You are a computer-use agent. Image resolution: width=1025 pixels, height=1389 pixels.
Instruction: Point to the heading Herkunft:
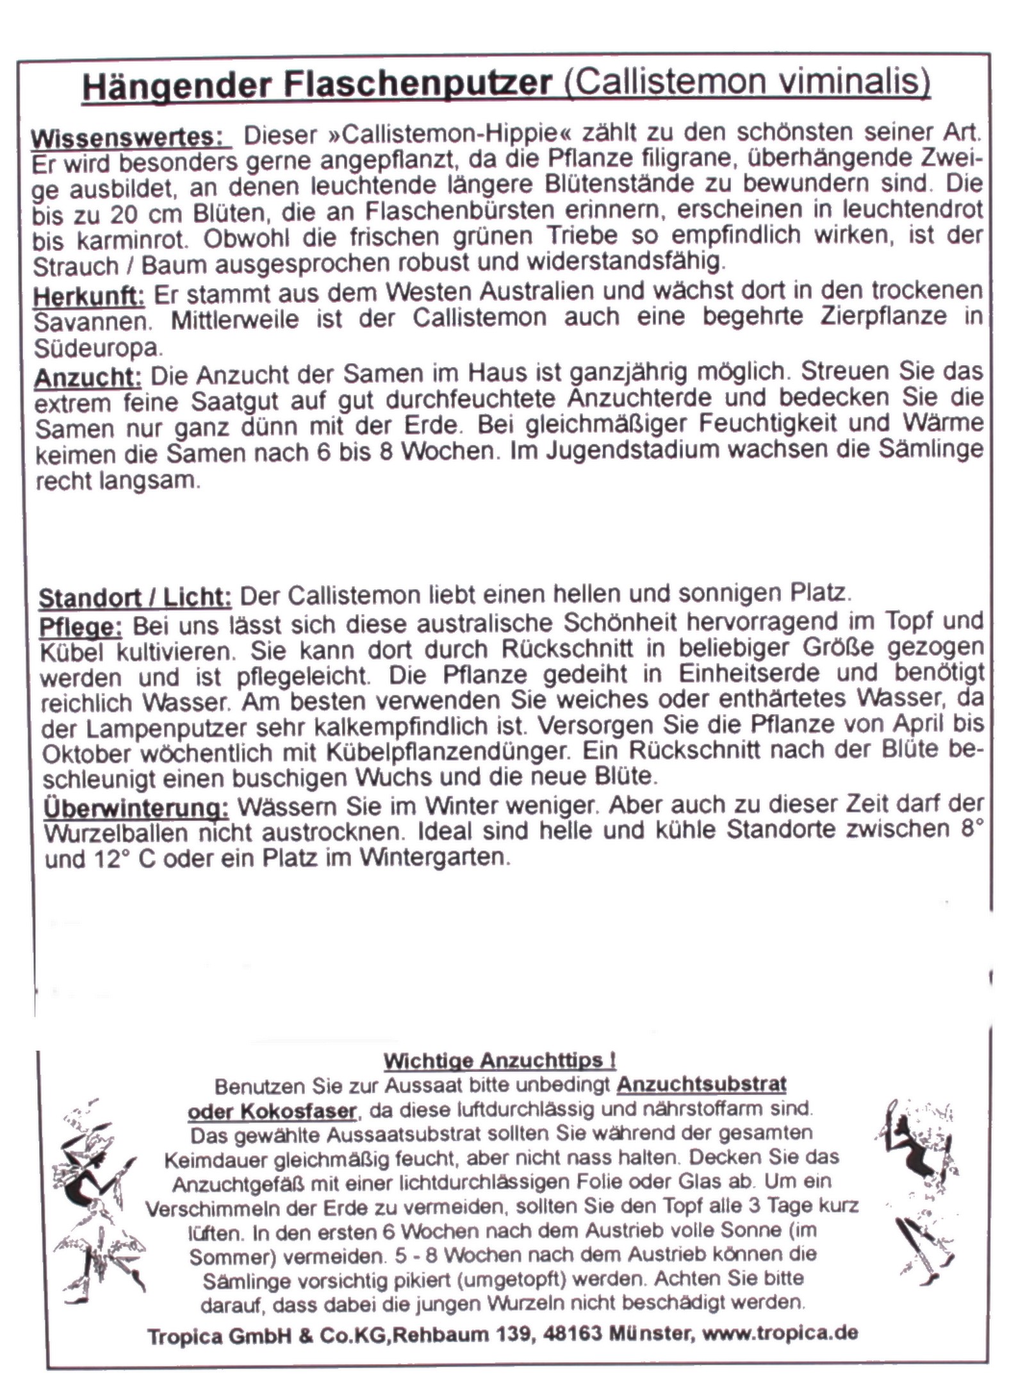pyautogui.click(x=89, y=296)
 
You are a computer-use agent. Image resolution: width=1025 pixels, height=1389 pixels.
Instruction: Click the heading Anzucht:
pyautogui.click(x=88, y=377)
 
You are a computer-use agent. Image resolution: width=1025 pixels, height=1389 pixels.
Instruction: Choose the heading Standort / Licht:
pyautogui.click(x=135, y=597)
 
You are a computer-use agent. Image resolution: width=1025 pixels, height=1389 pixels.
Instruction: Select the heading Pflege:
pyautogui.click(x=81, y=626)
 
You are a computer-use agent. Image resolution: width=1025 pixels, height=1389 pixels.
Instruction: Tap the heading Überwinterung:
pyautogui.click(x=136, y=808)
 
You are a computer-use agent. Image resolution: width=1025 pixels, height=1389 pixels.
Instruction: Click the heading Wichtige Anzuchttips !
pyautogui.click(x=500, y=1061)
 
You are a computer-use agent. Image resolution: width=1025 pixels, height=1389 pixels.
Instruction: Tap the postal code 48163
pyautogui.click(x=573, y=1333)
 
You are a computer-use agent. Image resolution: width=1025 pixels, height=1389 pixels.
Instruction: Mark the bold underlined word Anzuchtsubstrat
pyautogui.click(x=701, y=1085)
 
